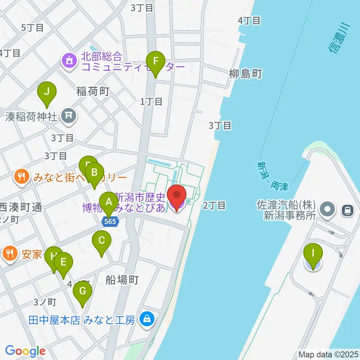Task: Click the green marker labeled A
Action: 109,202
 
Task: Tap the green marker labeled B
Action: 94,173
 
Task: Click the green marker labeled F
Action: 156,61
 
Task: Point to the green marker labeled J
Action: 47,92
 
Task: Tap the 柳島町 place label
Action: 245,74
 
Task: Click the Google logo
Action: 25,351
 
